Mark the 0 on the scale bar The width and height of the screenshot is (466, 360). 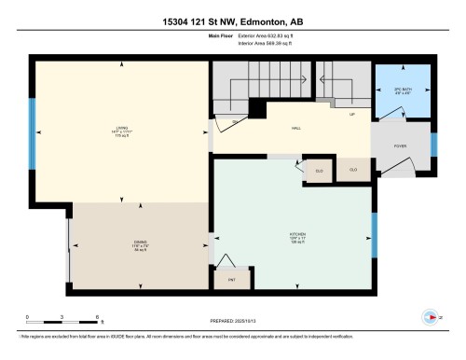pyautogui.click(x=28, y=318)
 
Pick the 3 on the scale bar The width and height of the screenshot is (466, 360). pyautogui.click(x=62, y=318)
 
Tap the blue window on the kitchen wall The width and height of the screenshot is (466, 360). pyautogui.click(x=375, y=229)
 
